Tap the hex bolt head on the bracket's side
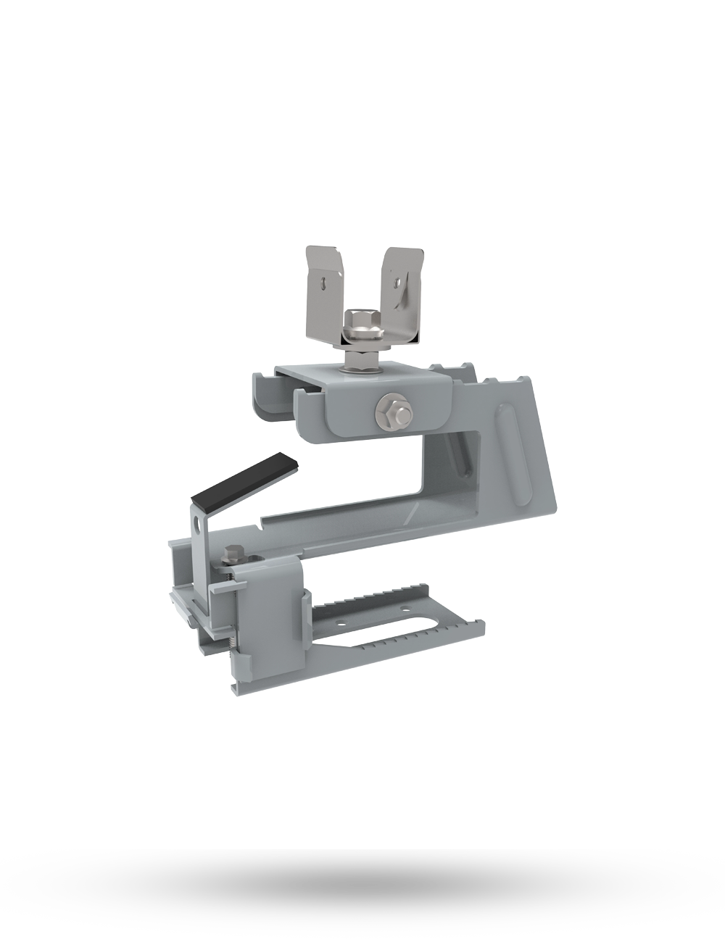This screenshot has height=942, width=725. [393, 411]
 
